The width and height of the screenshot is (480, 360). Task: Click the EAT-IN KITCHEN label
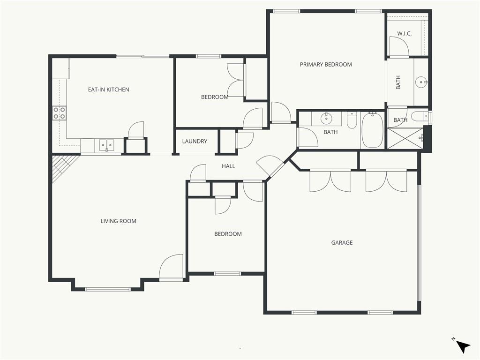108,90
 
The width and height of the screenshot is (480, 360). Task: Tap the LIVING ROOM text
118,221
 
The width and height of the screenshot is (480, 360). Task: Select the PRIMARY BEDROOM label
326,65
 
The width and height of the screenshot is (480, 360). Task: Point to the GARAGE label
342,243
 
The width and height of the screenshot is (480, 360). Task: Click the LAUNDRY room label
195,142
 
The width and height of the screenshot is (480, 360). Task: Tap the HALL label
228,166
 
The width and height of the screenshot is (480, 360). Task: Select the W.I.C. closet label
405,34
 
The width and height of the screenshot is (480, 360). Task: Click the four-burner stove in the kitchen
60,112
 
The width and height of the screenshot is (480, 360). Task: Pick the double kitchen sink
106,145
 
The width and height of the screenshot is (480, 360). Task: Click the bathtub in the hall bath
372,130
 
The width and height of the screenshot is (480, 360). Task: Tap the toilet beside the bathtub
352,120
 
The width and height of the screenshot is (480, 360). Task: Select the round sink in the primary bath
421,82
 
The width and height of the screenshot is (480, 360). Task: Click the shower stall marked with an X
405,138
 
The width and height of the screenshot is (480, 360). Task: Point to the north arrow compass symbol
463,346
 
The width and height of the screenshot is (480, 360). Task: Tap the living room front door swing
171,266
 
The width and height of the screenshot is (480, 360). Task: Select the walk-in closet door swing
399,46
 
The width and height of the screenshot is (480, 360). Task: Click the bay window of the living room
108,289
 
